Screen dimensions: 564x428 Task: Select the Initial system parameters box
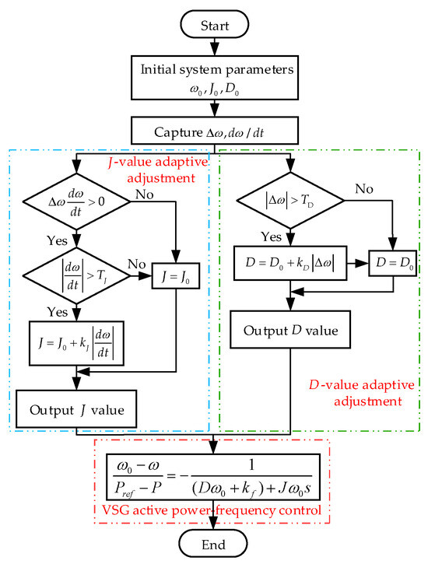214,75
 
